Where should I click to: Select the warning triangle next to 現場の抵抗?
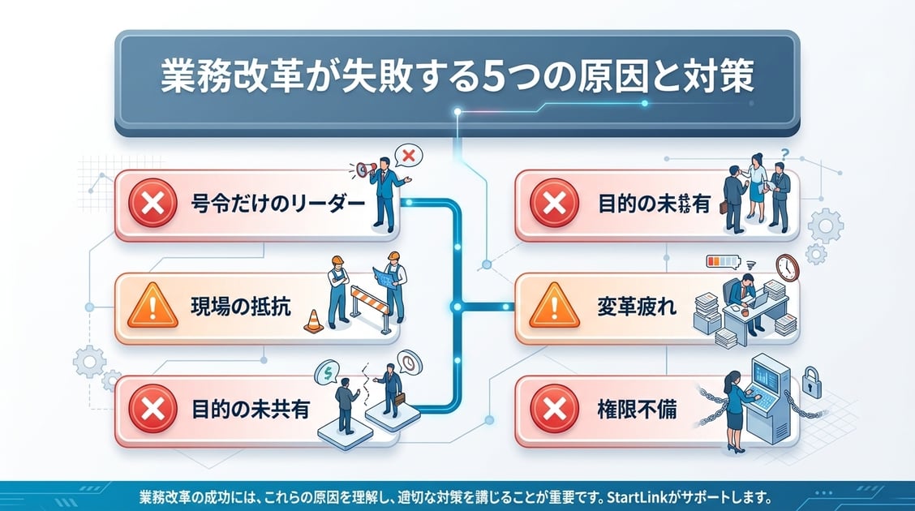(x=152, y=311)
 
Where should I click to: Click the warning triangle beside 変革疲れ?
(x=553, y=309)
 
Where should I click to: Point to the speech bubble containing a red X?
(x=408, y=154)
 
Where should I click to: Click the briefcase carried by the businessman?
(x=398, y=400)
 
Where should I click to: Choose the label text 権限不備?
(x=641, y=411)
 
